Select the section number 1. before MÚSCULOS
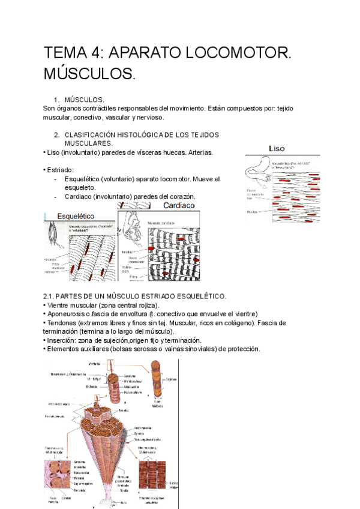tap(57, 100)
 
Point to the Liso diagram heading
tap(277, 148)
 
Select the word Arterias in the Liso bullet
tap(197, 153)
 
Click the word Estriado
tap(60, 170)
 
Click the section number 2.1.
tap(50, 297)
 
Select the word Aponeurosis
tap(68, 314)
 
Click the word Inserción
tap(63, 340)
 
